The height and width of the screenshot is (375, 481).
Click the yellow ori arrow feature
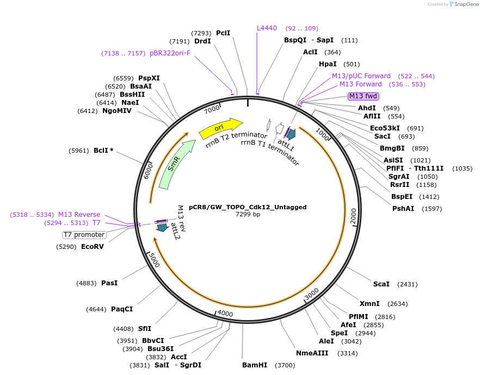point(220,128)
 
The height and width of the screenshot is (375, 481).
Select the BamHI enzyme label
point(255,365)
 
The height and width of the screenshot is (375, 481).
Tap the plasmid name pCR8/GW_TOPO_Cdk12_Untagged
point(248,207)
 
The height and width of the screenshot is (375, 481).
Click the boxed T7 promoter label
point(84,235)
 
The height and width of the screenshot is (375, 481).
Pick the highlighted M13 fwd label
point(363,96)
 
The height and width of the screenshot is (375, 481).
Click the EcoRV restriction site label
point(92,247)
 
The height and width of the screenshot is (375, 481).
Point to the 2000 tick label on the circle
point(352,215)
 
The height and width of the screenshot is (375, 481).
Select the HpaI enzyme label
point(328,64)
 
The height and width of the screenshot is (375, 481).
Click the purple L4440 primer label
point(267,28)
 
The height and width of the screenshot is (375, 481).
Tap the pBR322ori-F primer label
point(170,53)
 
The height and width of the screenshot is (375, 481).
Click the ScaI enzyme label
point(381,284)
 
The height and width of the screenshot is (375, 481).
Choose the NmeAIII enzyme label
point(312,353)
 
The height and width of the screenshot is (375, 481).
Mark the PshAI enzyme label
point(403,209)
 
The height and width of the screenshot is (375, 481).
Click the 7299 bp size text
point(248,215)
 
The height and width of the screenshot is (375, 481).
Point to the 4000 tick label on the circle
point(225,314)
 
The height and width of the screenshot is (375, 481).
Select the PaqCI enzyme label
point(122,309)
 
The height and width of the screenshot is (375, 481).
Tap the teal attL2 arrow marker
point(162,228)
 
